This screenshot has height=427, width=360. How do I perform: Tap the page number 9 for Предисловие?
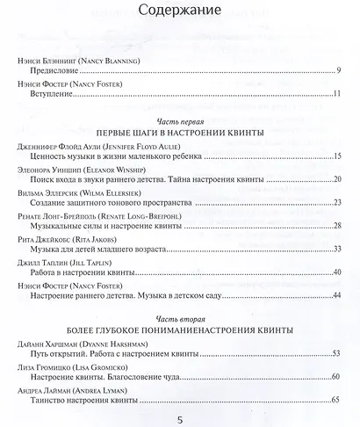[x=340, y=69]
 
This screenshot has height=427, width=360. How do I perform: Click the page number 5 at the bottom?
[x=180, y=418]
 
